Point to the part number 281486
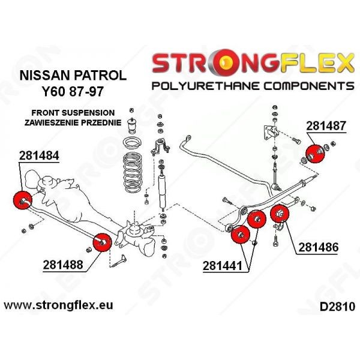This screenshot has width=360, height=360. [x=316, y=246]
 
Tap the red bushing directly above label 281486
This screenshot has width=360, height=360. [x=279, y=214]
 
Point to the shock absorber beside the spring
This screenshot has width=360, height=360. [x=161, y=180]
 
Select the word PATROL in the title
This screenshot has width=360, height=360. [x=101, y=76]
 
